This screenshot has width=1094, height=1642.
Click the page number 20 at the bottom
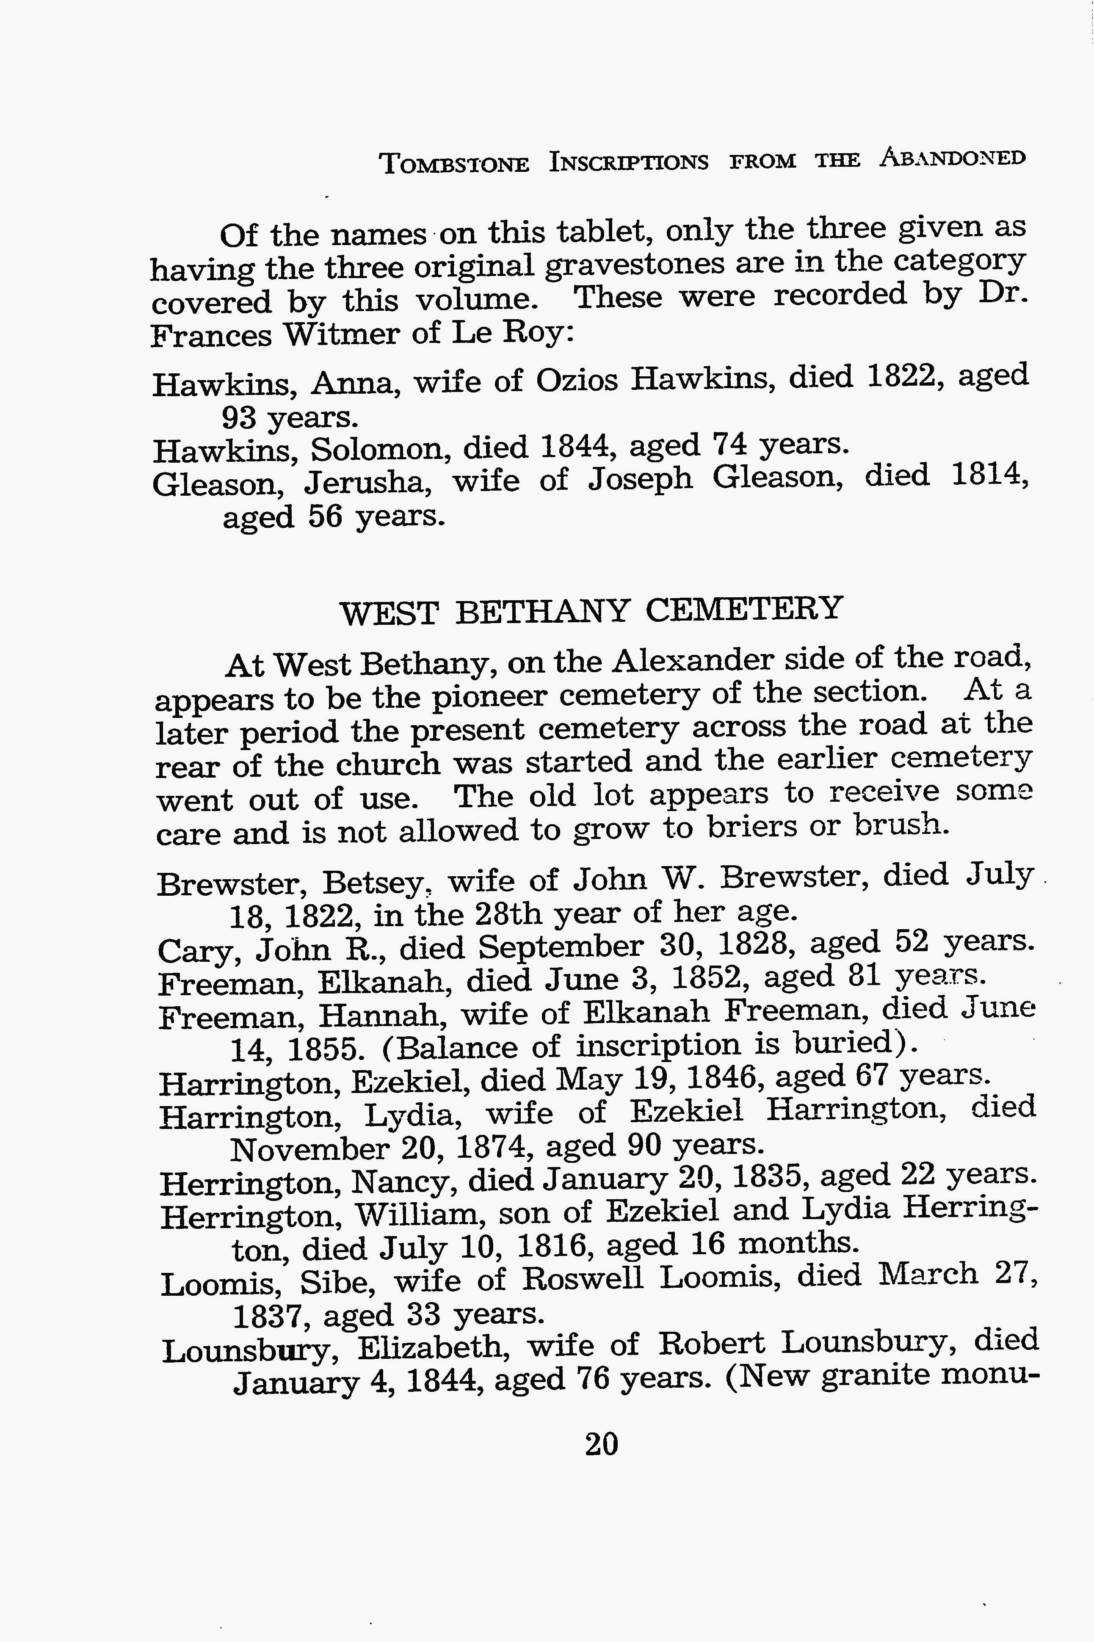[x=602, y=1444]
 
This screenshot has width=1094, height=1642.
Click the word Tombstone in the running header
[x=453, y=163]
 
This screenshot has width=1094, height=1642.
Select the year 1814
[x=989, y=476]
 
